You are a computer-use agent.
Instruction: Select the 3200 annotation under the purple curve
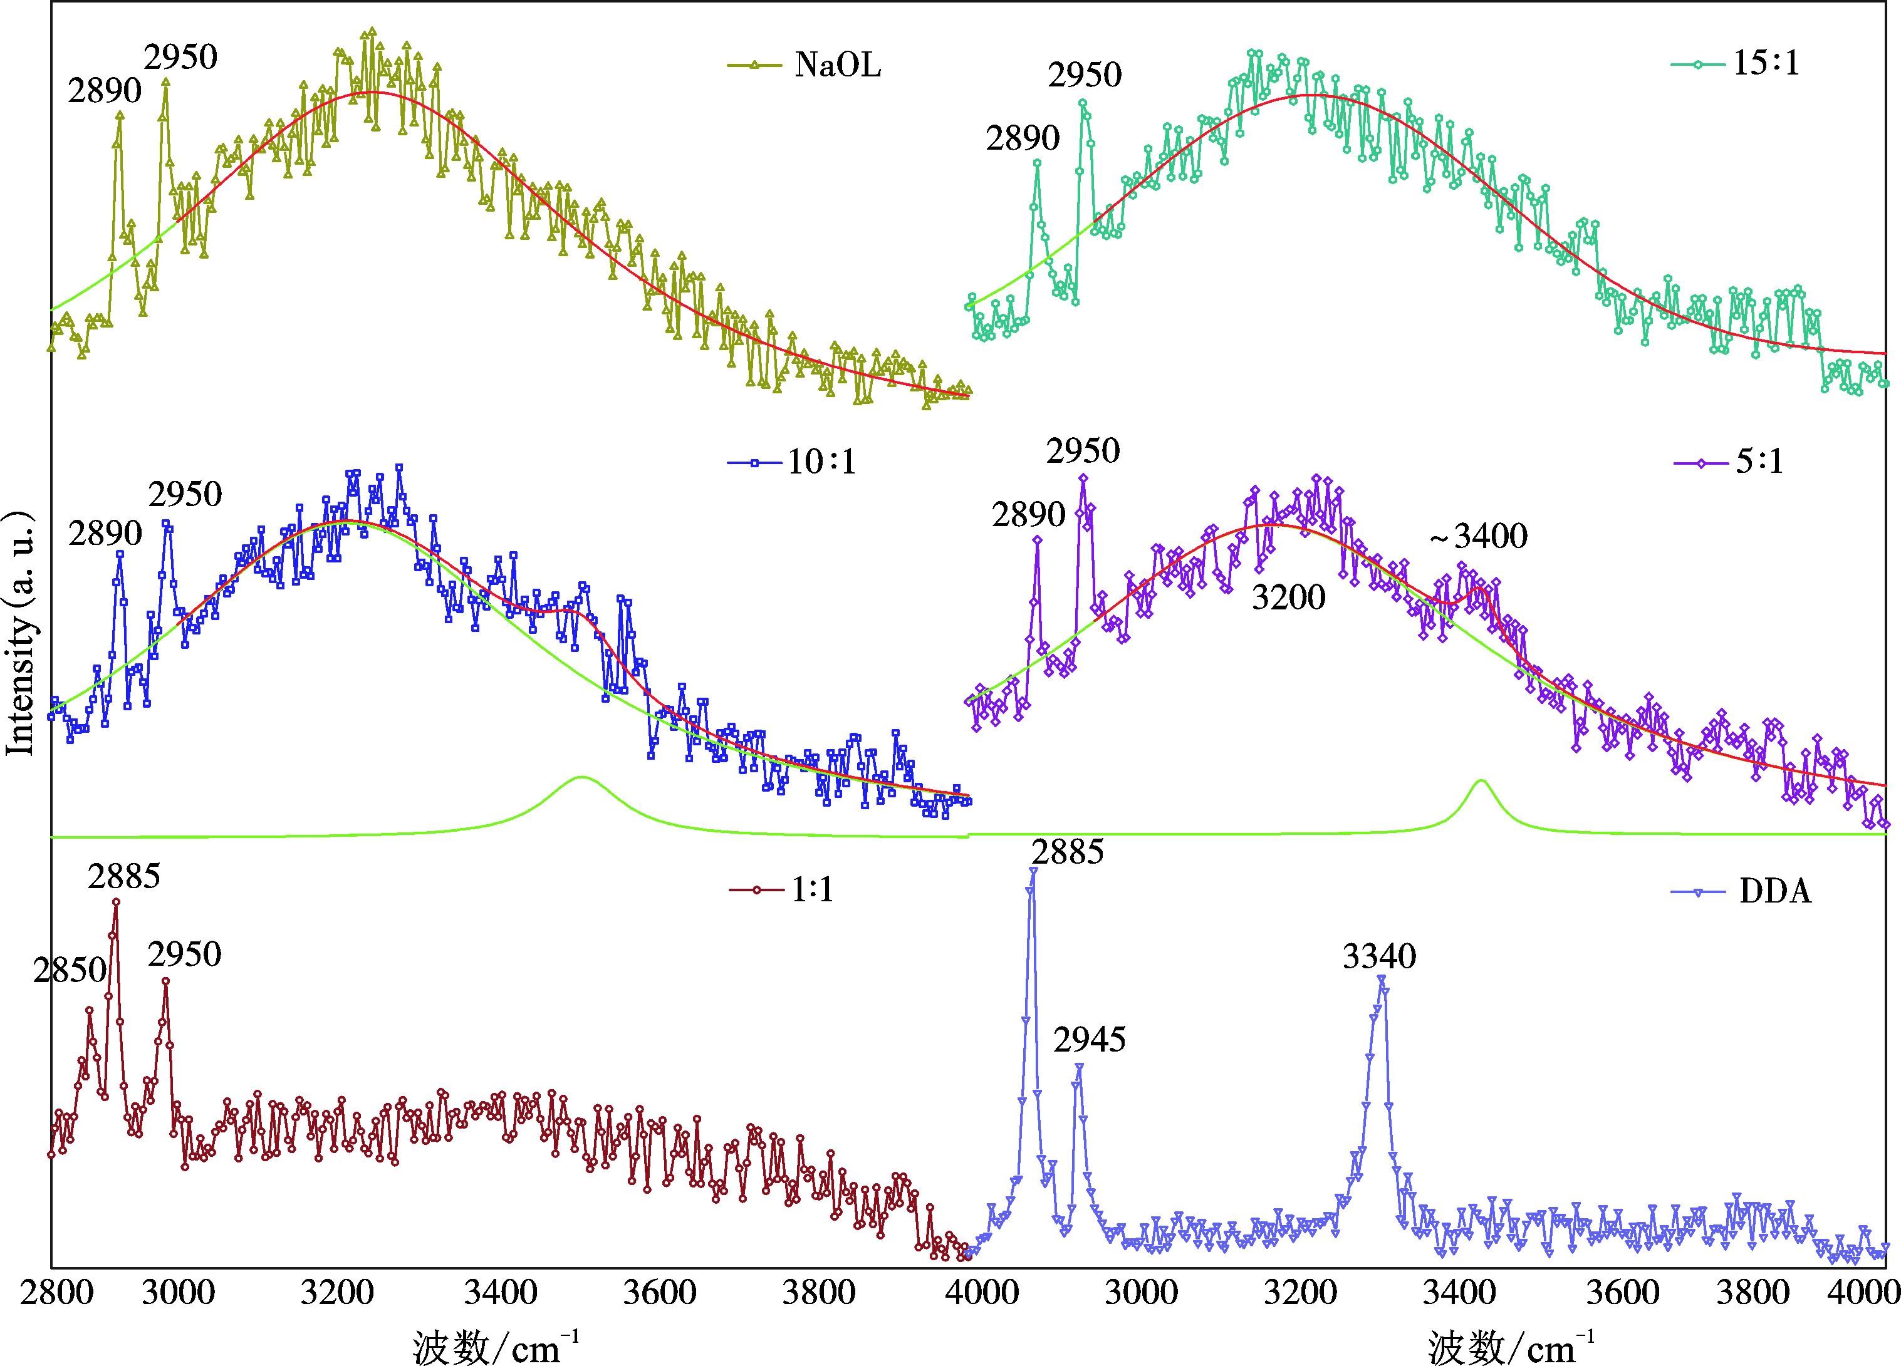point(1288,598)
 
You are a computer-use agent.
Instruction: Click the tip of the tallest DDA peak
point(1033,870)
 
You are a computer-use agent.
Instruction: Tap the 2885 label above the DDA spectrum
point(1067,853)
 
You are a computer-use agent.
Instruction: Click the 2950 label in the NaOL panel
point(180,58)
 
